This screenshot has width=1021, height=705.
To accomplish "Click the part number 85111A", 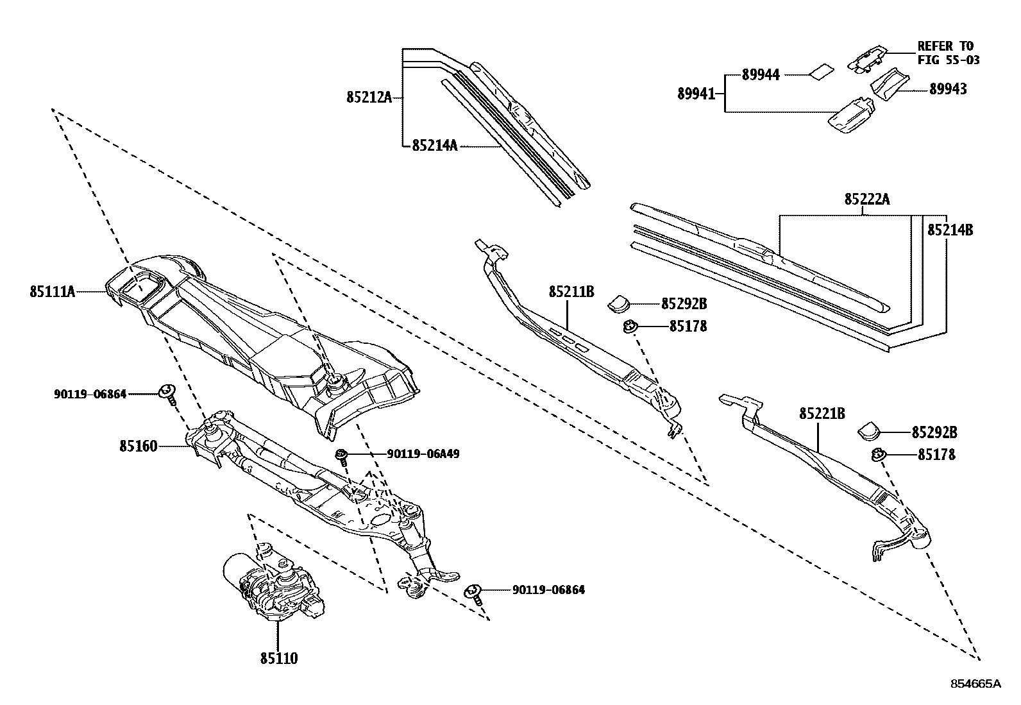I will click(x=52, y=292).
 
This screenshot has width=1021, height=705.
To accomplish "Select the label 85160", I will click(x=138, y=445).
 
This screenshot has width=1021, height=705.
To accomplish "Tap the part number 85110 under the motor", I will click(x=279, y=658).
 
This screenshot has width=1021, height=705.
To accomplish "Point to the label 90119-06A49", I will click(x=423, y=454).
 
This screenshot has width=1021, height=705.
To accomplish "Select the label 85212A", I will click(x=368, y=98).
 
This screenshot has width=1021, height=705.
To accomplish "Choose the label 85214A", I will click(x=434, y=146).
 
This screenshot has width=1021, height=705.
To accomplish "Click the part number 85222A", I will click(x=866, y=200).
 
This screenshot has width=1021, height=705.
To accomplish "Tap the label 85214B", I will click(x=950, y=229).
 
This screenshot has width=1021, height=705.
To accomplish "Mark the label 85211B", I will click(x=571, y=293).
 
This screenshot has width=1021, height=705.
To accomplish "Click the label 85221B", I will click(x=822, y=414).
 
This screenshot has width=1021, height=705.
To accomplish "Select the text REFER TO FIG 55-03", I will click(x=948, y=53).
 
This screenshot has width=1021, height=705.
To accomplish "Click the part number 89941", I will click(x=696, y=94).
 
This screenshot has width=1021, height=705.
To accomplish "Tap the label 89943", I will click(x=948, y=89).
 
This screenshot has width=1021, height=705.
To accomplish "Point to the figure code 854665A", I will click(x=975, y=684).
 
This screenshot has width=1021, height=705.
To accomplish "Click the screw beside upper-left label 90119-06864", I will click(x=167, y=393).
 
